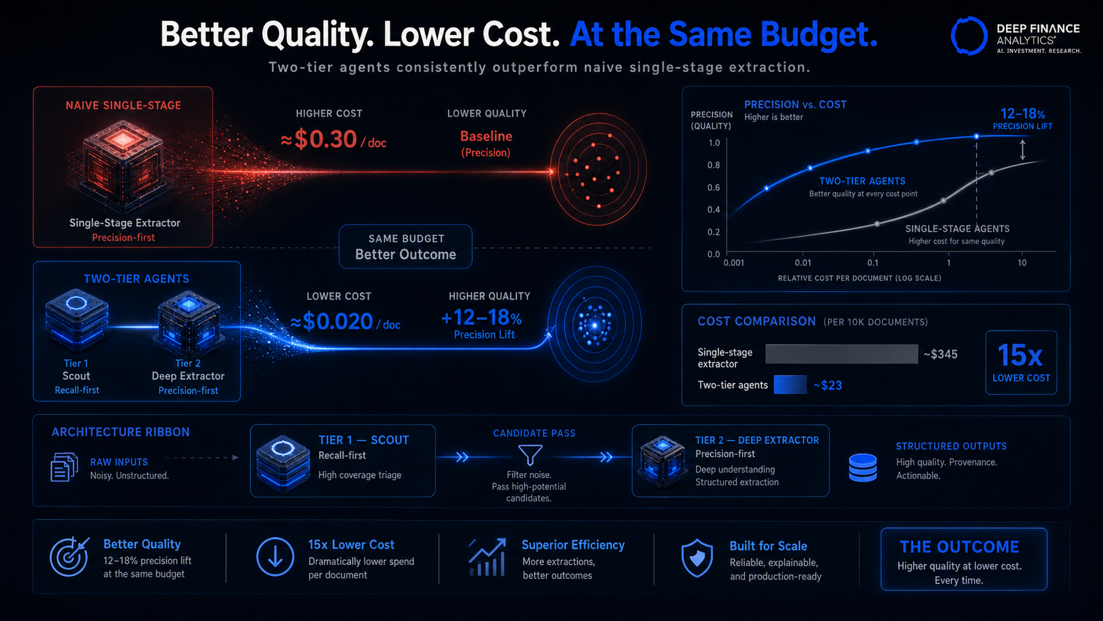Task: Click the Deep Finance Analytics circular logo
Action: [968, 36]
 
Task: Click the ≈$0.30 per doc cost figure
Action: [333, 139]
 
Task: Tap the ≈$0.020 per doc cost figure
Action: [344, 321]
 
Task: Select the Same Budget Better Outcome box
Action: [405, 247]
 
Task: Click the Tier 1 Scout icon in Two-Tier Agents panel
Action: [77, 320]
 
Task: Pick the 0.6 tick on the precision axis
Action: [714, 187]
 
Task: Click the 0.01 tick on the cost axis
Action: [803, 263]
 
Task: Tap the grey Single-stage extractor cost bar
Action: [842, 354]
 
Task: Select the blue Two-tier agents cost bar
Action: [790, 385]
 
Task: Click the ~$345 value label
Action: [940, 354]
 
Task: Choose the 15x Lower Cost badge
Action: [1021, 362]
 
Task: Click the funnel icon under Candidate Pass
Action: [530, 455]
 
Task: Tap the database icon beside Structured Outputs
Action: [863, 467]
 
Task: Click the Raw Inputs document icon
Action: [64, 467]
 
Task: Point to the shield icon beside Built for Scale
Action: [697, 558]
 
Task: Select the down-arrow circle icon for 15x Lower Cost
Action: [275, 557]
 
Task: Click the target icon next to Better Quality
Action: [69, 556]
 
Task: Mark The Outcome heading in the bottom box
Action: [959, 546]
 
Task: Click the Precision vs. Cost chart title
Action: [795, 104]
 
